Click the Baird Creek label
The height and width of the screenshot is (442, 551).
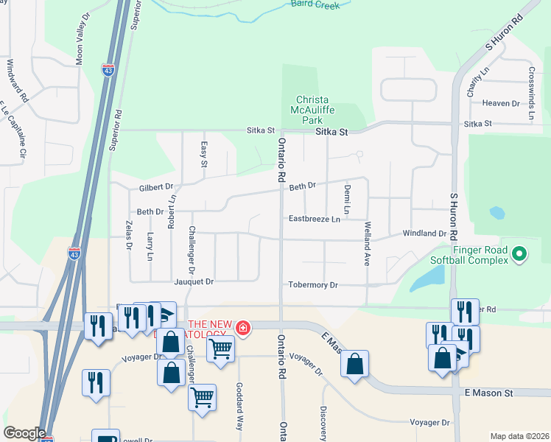tap(316, 4)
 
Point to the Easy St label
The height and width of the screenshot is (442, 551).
tap(204, 154)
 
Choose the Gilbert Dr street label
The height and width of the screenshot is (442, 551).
tap(155, 187)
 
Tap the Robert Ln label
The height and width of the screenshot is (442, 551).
tap(172, 211)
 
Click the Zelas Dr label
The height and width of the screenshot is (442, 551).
tap(128, 235)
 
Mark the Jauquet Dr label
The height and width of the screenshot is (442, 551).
tap(194, 281)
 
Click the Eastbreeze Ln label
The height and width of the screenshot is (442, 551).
tap(315, 219)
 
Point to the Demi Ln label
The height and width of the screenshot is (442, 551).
tap(347, 200)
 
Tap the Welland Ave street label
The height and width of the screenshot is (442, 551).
tap(366, 245)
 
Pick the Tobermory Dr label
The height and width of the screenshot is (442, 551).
tap(313, 284)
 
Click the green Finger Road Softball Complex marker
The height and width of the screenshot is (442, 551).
tap(519, 254)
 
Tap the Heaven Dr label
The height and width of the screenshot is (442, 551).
tap(501, 103)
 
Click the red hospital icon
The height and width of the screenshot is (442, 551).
tap(242, 327)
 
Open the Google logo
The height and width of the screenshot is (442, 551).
tap(24, 432)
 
